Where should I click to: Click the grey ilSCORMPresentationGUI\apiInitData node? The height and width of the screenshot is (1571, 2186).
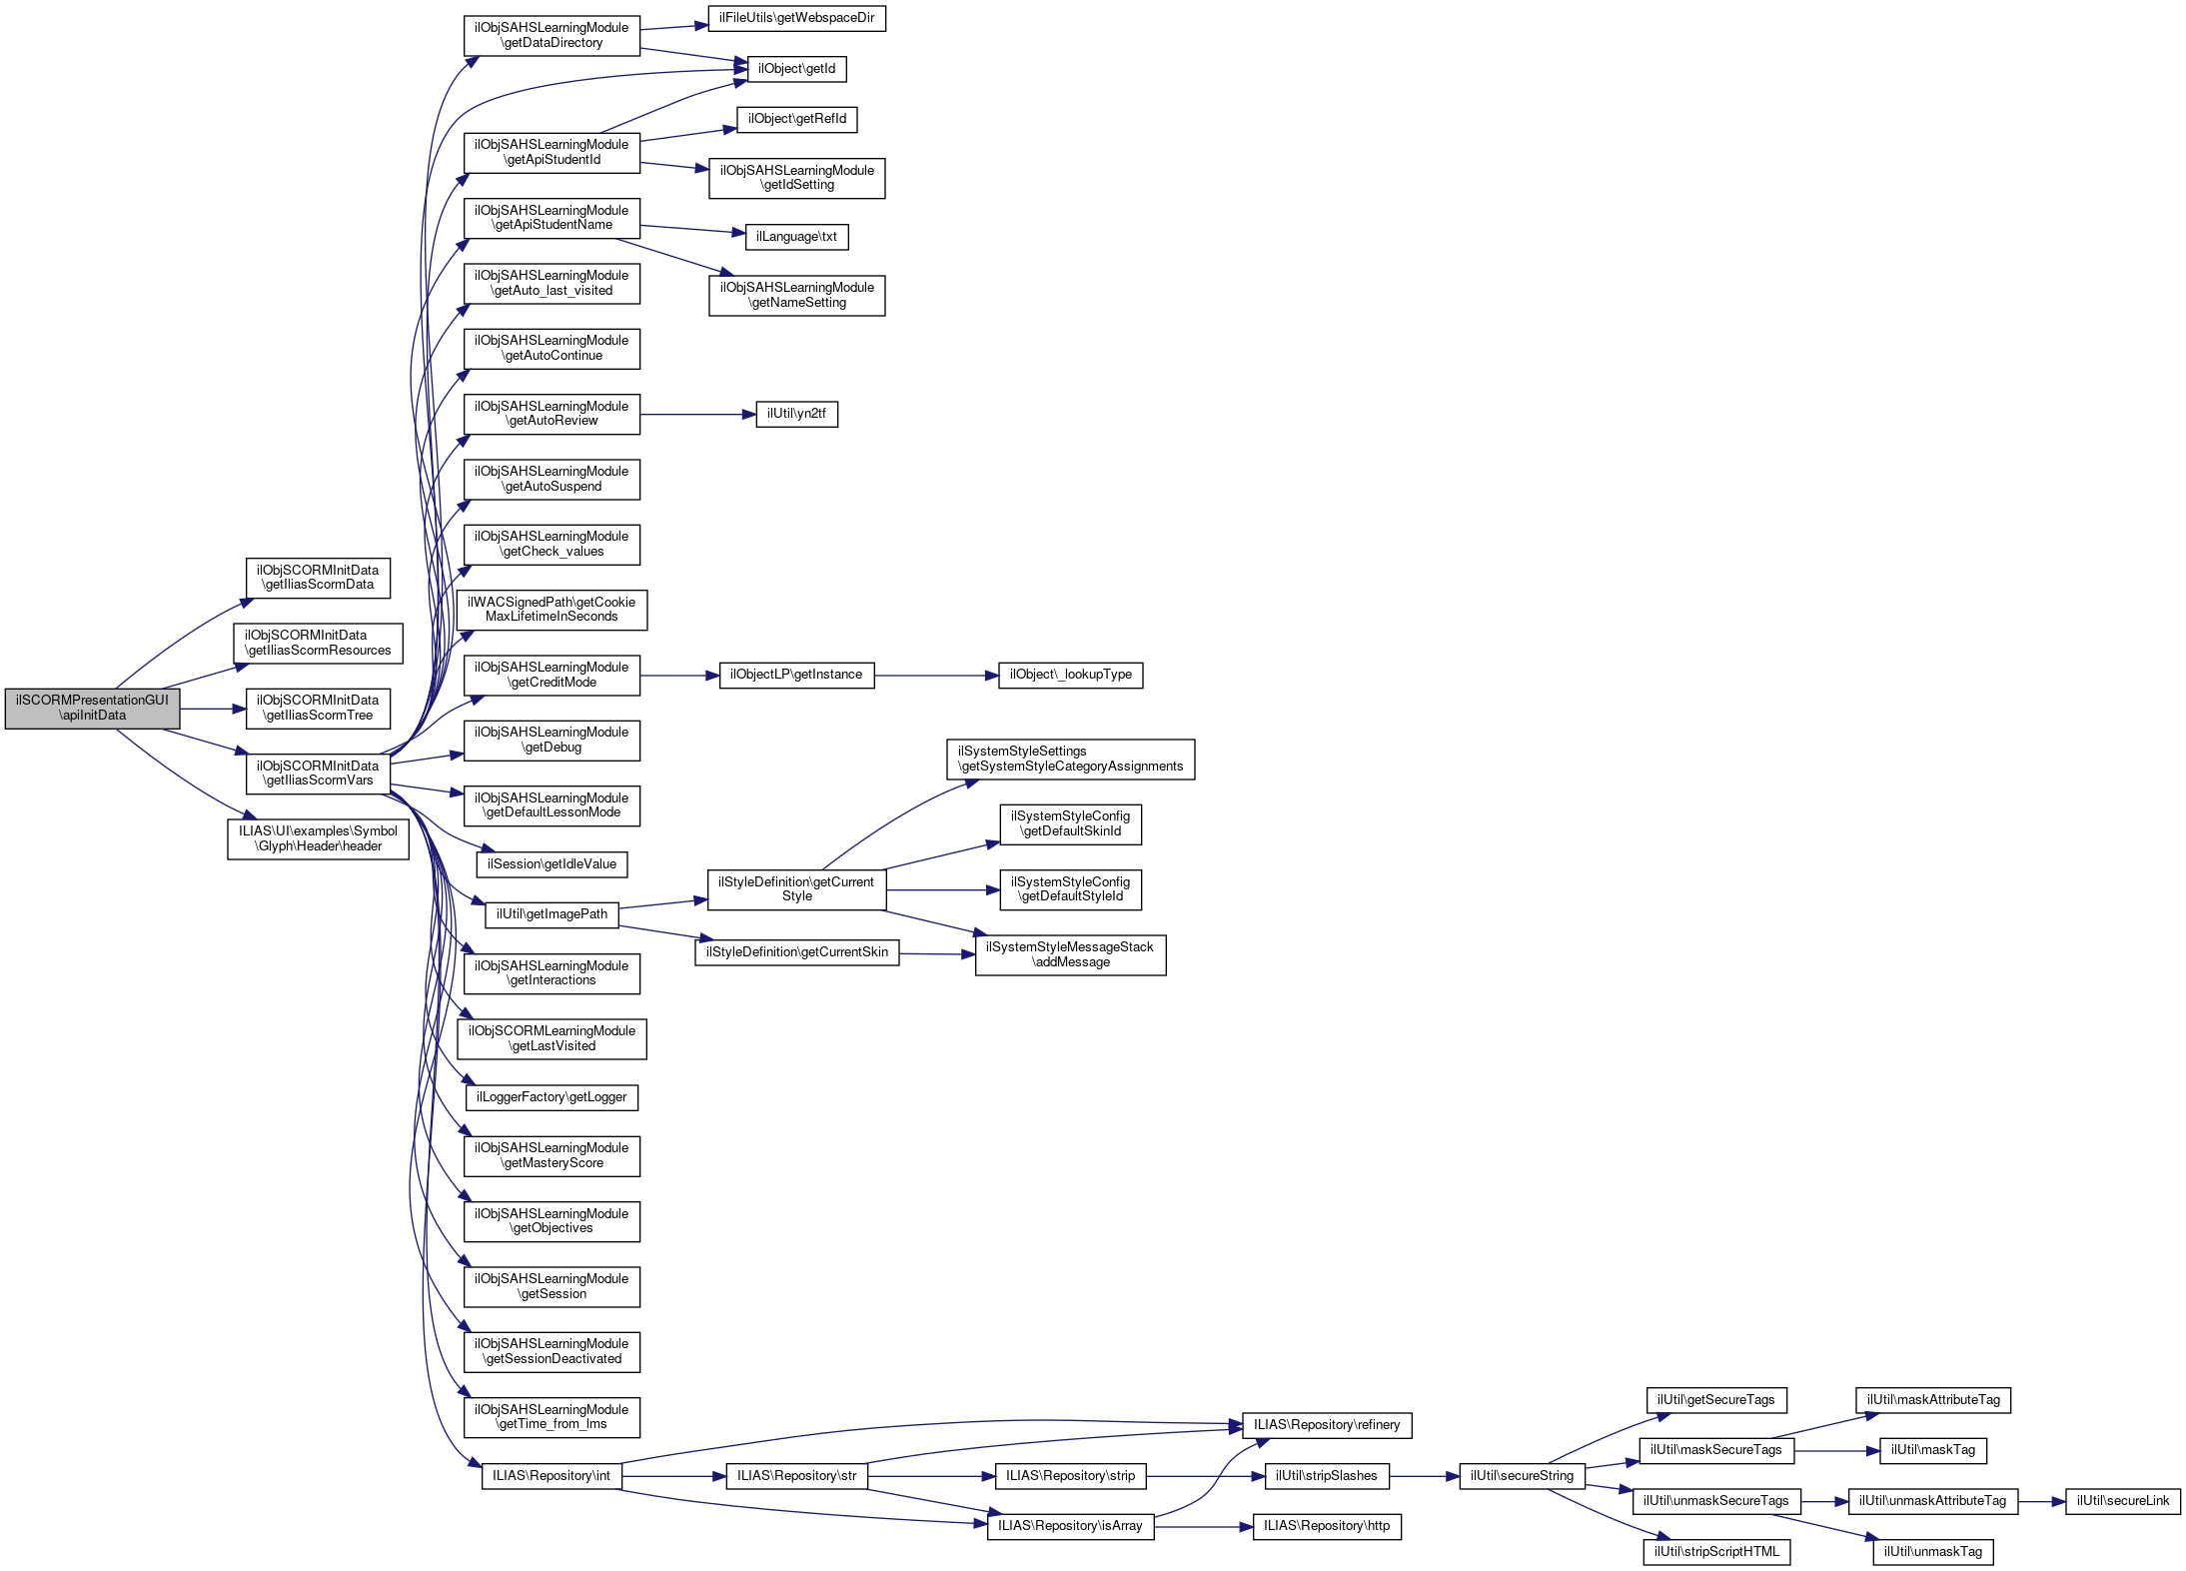(92, 709)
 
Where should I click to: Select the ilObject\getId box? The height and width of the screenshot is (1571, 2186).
(796, 69)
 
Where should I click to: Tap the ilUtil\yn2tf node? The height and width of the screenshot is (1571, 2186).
(796, 414)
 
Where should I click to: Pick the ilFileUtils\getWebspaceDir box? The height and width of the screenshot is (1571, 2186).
(796, 18)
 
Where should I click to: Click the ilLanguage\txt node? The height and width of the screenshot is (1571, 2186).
(796, 237)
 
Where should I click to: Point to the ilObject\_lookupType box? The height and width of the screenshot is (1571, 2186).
(1070, 676)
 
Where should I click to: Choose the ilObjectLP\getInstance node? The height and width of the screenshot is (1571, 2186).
(796, 676)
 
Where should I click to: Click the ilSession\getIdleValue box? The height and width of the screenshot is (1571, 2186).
(551, 864)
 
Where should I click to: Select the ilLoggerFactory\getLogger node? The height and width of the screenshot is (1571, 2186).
(551, 1097)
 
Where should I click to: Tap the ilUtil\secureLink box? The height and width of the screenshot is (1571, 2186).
(2123, 1501)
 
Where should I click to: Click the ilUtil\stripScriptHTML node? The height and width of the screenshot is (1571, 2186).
(1716, 1552)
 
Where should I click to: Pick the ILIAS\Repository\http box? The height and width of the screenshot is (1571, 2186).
(1327, 1526)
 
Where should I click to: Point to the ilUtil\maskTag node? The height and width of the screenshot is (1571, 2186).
(1933, 1450)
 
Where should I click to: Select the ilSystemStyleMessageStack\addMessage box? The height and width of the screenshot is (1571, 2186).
(1070, 955)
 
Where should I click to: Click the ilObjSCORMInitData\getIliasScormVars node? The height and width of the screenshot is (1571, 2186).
(318, 774)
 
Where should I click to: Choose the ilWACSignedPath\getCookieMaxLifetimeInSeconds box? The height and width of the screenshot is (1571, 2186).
(551, 610)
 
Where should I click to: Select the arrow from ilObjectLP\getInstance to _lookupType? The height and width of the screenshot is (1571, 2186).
(936, 676)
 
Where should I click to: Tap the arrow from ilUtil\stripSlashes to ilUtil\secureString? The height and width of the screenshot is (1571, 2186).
(1424, 1476)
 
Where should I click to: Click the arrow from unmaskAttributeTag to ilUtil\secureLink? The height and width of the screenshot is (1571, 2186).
(2041, 1501)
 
